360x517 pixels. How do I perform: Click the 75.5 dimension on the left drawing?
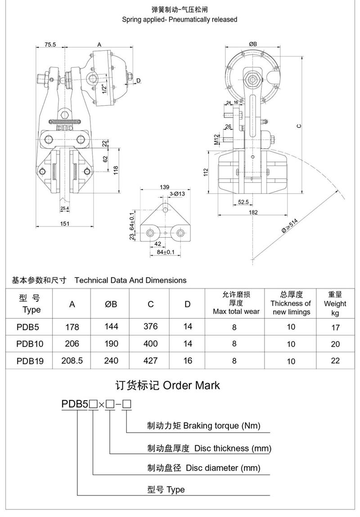pos(50,45)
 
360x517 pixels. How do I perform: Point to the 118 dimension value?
pos(116,171)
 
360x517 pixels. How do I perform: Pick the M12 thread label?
pos(217,140)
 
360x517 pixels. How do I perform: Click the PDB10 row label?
pos(29,344)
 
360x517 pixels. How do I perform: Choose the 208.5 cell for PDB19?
pos(72,361)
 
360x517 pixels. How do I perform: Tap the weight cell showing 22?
pos(335,361)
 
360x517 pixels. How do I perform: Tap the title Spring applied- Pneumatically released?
pos(180,19)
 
